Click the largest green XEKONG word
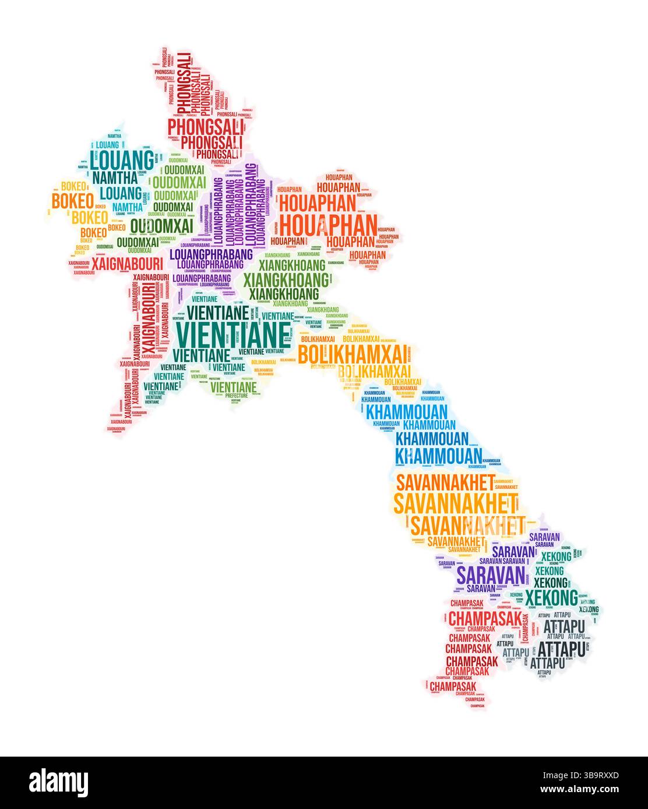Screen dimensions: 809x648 tap(551, 598)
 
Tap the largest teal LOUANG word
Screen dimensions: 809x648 tap(122, 159)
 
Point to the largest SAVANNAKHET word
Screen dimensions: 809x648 tap(456, 502)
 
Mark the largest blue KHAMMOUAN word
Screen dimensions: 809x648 tap(439, 455)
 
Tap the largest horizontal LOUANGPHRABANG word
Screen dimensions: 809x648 tap(211, 254)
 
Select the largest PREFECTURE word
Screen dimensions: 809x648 tap(237, 395)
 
